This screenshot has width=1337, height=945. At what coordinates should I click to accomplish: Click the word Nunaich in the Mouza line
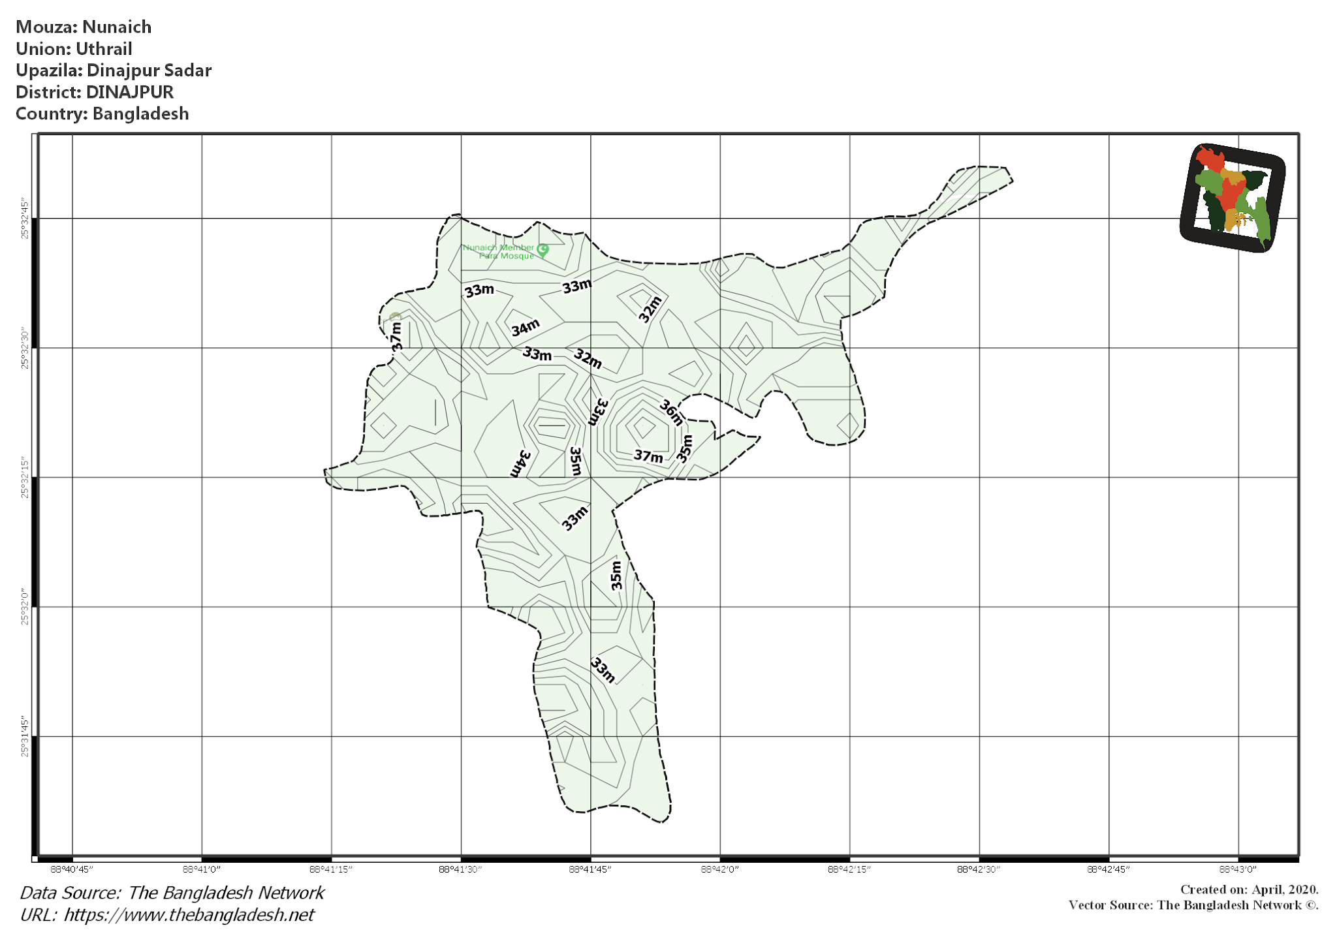[x=117, y=27]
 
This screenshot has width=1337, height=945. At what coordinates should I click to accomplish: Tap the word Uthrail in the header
[x=104, y=49]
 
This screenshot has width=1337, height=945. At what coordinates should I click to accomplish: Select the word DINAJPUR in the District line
[x=130, y=92]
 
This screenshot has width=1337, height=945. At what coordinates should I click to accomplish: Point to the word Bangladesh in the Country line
[x=140, y=114]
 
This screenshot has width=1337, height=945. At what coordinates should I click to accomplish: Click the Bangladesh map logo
[x=1232, y=198]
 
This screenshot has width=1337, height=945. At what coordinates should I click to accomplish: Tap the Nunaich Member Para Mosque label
[x=499, y=251]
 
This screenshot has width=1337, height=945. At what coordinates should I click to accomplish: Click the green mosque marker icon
[x=543, y=249]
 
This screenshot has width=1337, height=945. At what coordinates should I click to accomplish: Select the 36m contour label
[x=671, y=412]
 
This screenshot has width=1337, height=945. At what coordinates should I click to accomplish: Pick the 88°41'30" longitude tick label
[x=460, y=869]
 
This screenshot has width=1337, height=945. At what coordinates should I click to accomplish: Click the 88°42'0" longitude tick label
[x=720, y=869]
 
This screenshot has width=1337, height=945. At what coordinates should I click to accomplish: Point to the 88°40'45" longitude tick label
[x=72, y=869]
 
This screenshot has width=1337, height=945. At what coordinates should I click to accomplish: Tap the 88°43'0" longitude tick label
[x=1238, y=869]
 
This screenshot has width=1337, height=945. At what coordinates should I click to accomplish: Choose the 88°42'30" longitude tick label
[x=979, y=869]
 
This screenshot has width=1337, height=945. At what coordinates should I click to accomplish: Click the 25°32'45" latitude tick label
[x=25, y=219]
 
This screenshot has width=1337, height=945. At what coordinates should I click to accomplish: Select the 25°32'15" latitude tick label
[x=25, y=478]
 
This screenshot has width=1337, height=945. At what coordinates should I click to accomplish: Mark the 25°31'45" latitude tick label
[x=25, y=737]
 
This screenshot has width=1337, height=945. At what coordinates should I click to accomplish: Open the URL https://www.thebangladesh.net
[x=189, y=915]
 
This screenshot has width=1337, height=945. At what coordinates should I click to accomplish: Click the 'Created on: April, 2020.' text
[x=1249, y=890]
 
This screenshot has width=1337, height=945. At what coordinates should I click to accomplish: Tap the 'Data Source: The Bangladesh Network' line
[x=172, y=893]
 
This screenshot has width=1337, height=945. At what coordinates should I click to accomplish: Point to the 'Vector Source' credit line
[x=1193, y=905]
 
